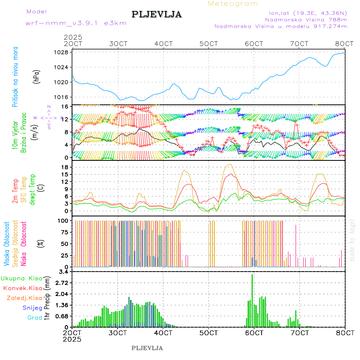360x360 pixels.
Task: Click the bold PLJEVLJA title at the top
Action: tap(157, 15)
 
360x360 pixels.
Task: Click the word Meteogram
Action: tap(233, 4)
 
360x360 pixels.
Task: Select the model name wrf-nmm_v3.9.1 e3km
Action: tap(76, 23)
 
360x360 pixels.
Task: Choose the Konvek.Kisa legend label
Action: tap(22, 288)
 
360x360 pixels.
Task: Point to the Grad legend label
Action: tap(34, 318)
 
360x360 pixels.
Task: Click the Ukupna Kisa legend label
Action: tap(21, 278)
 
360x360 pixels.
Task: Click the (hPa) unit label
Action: tap(37, 76)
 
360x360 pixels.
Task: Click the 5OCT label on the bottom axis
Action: tap(208, 333)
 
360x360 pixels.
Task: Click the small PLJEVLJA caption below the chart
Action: tap(147, 348)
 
